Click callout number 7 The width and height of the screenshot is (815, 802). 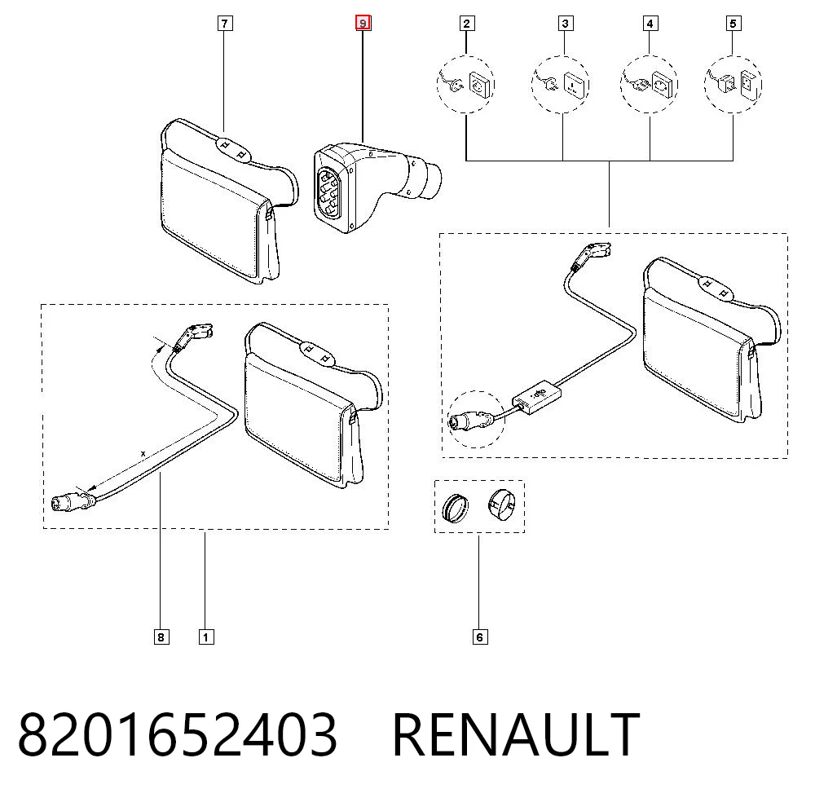point(225,24)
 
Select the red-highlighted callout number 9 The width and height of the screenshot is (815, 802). point(363,24)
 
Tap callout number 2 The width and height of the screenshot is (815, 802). point(466,24)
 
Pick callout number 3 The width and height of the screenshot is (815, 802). point(565,24)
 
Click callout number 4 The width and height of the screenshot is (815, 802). point(650,24)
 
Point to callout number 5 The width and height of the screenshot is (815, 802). point(733,24)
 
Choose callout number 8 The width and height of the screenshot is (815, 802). point(161,637)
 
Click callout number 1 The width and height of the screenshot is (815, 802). point(206,637)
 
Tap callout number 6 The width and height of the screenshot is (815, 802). point(480,637)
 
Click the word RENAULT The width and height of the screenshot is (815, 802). point(516,734)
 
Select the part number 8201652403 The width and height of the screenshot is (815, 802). point(177,734)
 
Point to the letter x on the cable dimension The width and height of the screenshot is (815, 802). point(143,454)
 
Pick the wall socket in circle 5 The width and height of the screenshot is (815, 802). point(749,84)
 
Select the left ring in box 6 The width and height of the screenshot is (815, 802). point(455,508)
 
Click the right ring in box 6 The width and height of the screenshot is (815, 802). point(501,505)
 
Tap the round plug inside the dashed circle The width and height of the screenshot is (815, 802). point(470,419)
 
